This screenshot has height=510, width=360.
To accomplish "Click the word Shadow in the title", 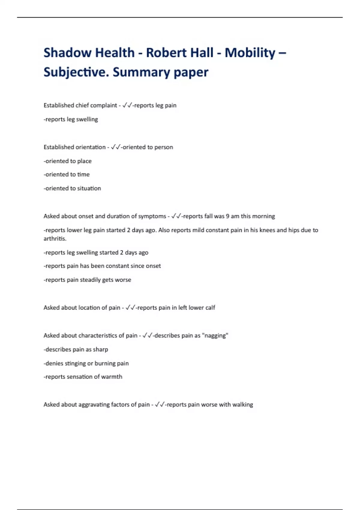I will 67,53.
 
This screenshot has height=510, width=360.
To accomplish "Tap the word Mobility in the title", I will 250,53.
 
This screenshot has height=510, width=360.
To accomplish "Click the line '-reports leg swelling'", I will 71,119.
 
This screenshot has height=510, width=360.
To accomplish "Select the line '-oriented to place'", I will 67,161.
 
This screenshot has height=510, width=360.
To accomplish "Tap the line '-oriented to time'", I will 67,175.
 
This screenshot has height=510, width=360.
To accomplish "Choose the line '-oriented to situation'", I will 72,188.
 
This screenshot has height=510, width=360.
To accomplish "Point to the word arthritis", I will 55,239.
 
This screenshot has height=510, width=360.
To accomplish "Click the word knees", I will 266,230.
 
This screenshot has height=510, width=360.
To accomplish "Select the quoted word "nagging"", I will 216,336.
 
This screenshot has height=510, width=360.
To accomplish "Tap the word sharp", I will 100,349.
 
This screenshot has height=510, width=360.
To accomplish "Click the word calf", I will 210,308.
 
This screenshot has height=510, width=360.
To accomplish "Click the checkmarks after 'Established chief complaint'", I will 127,105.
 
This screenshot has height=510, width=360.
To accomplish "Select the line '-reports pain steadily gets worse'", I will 87,280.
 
